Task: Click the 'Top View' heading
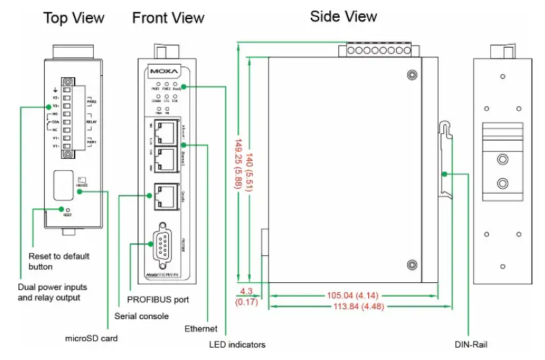coord(74,18)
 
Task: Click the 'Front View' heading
coord(168,18)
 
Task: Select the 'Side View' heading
coord(344,16)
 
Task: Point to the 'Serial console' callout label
coord(142,316)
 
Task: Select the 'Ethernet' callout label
coord(201,328)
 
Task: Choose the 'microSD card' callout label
coord(91,338)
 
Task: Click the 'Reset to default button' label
coord(59,261)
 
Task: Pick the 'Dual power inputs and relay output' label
coord(52,292)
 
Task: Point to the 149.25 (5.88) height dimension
coord(237,163)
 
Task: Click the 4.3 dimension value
coord(245,291)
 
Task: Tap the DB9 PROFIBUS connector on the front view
coord(164,245)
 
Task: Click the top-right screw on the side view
coord(412,75)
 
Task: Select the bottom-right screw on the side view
coord(412,264)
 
